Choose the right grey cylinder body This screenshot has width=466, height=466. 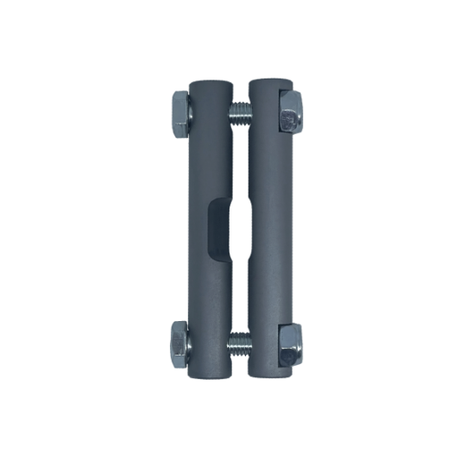(268, 173)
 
